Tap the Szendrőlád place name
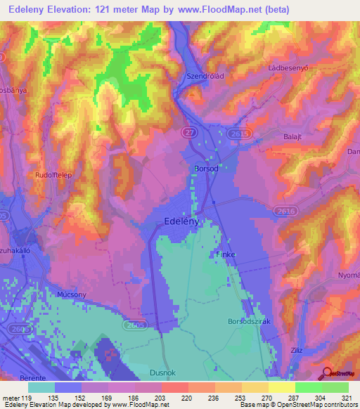click(204, 77)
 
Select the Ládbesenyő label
click(288, 67)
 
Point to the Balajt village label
click(291, 136)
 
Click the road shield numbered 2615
click(238, 132)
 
